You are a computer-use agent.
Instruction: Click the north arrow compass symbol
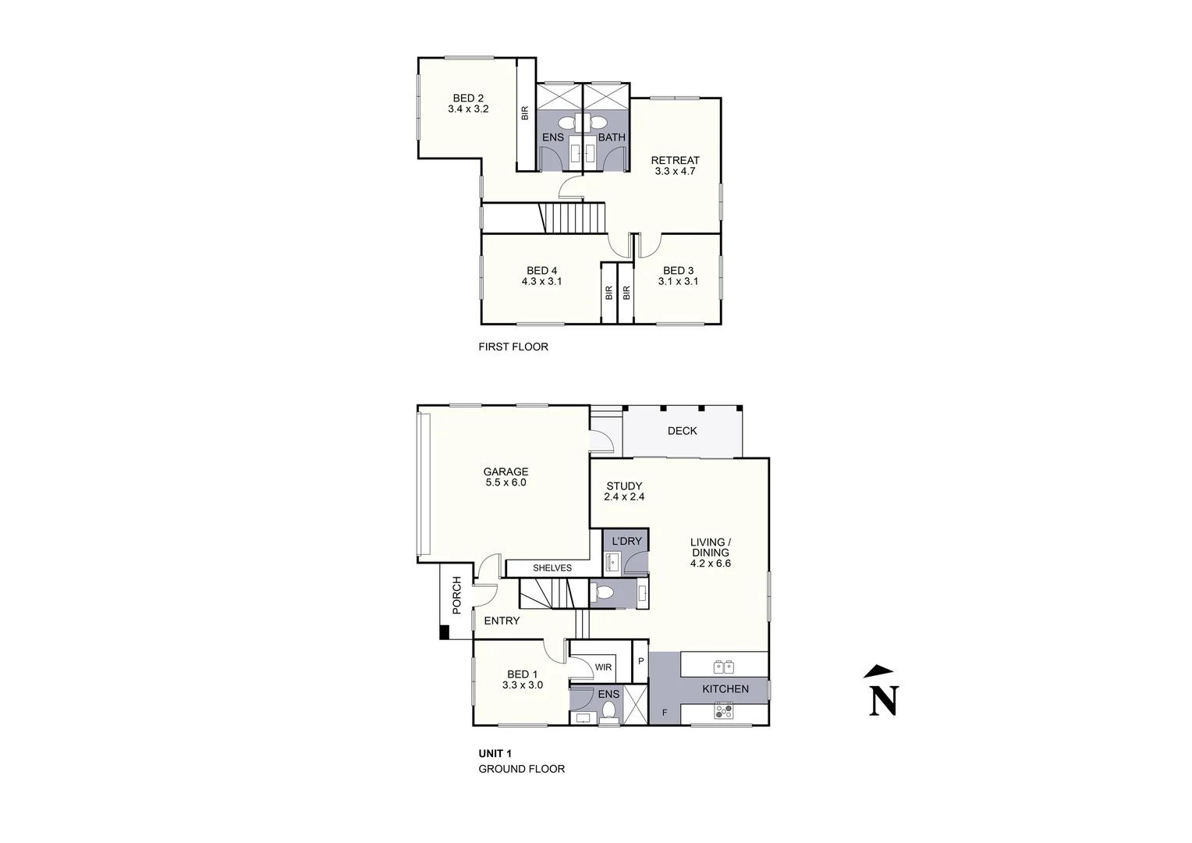click(883, 691)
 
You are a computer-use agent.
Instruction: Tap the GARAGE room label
click(506, 471)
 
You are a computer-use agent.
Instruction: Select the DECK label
click(682, 431)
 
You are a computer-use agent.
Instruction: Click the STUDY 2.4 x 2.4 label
click(624, 491)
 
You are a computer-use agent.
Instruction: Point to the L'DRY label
click(626, 541)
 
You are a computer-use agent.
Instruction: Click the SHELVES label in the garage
click(552, 568)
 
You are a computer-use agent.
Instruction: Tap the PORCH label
click(457, 595)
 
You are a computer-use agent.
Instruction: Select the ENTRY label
click(502, 621)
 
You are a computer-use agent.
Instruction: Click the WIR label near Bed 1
click(603, 667)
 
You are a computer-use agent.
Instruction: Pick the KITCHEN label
click(725, 688)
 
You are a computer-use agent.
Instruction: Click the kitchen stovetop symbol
click(724, 711)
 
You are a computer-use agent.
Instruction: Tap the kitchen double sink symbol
click(723, 666)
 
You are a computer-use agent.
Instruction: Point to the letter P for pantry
click(640, 661)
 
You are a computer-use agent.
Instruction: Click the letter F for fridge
click(665, 713)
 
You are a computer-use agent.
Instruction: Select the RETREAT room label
click(675, 160)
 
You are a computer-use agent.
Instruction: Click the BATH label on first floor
click(612, 137)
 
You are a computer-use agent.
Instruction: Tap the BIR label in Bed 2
click(525, 113)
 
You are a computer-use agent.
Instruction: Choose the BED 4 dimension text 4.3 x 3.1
click(541, 282)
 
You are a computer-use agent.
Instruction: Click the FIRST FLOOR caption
click(513, 347)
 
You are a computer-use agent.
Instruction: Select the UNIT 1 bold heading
click(495, 753)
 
